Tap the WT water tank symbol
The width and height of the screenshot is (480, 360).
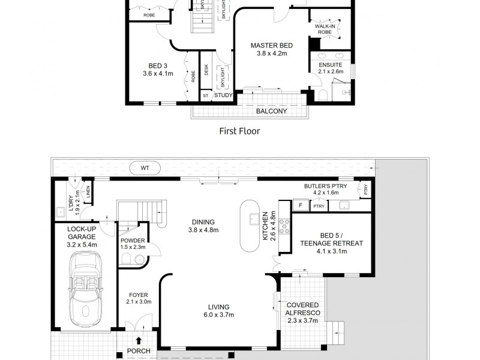coord(145,168)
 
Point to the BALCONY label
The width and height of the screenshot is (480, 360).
coord(271,111)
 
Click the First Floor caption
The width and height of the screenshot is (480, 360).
coord(239,130)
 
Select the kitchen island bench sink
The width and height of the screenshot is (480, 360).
coord(254,218)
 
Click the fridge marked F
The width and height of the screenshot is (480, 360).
coord(299,206)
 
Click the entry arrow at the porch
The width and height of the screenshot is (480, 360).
coord(139,342)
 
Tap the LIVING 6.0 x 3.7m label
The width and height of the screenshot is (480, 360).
coord(218,311)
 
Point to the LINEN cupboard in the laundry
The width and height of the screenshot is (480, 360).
coord(88,192)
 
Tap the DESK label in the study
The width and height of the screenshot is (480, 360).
coord(206,70)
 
